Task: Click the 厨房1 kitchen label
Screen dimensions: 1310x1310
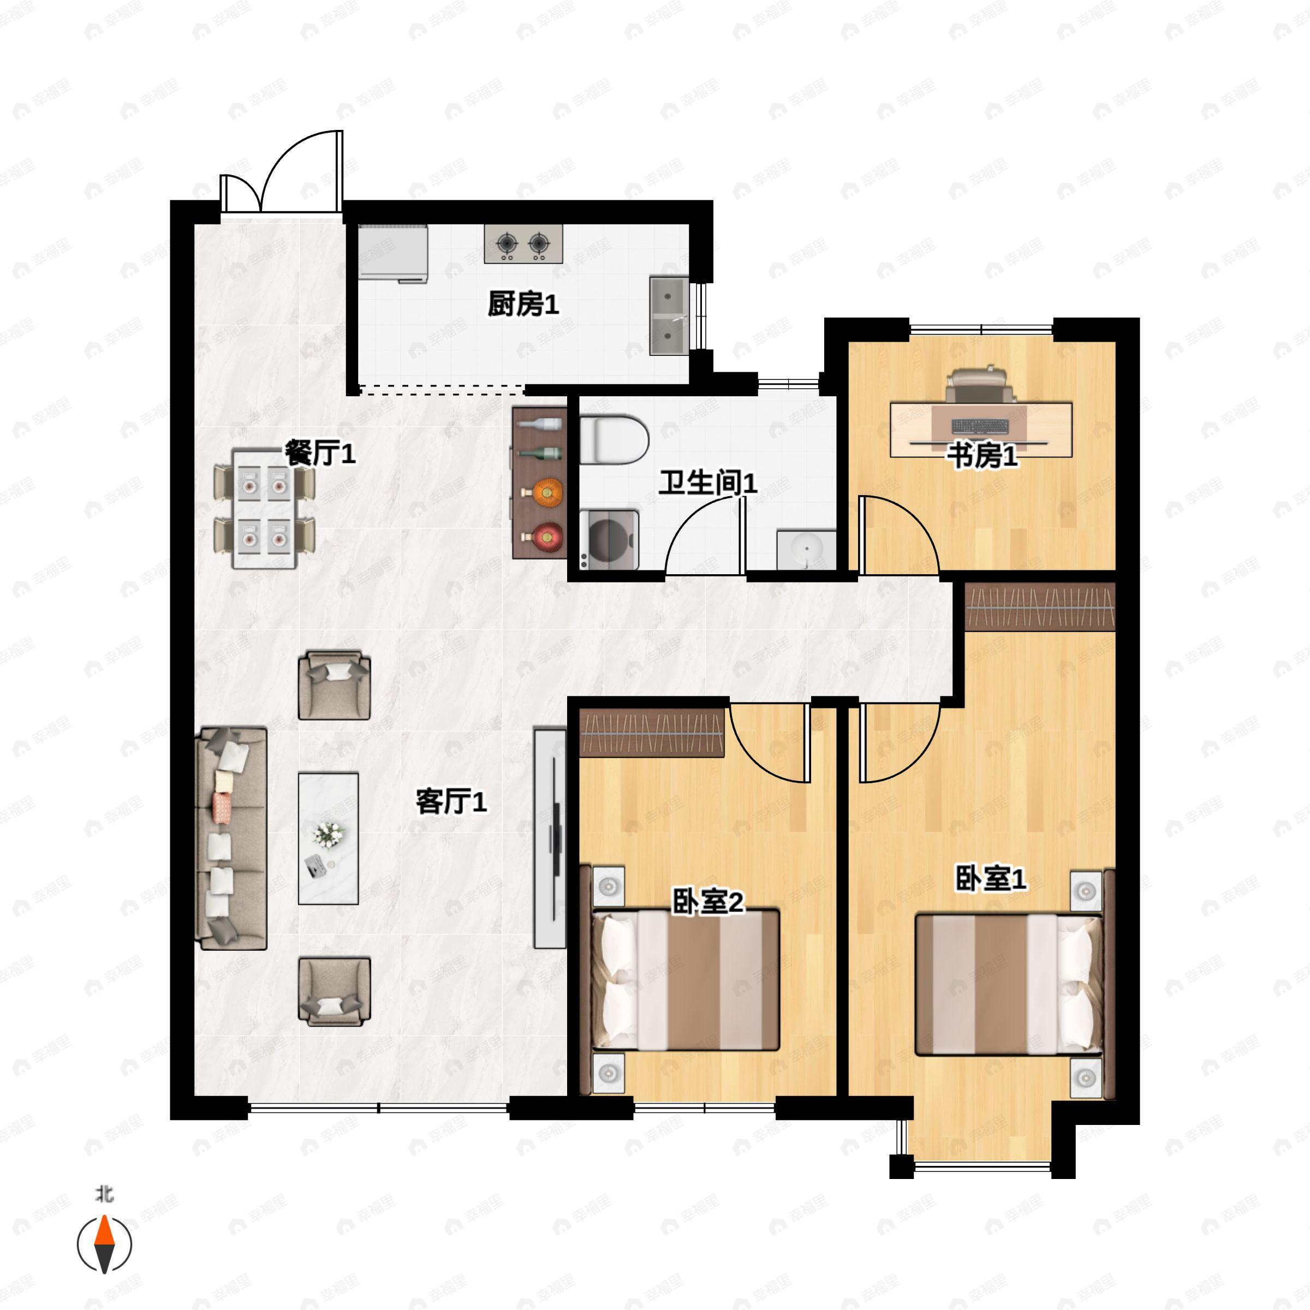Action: point(523,305)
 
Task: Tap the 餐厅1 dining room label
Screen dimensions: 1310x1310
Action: point(320,453)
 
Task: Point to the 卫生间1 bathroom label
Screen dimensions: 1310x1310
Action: point(708,483)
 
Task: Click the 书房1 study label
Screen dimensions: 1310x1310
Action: point(982,456)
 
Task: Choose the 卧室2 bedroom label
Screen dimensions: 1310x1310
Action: point(708,901)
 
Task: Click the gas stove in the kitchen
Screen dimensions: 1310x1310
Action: point(523,243)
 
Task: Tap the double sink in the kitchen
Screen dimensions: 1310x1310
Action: point(669,315)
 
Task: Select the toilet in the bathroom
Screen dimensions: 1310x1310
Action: point(614,440)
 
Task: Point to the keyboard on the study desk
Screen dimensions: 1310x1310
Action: point(980,426)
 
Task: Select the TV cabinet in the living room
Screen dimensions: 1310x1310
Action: point(550,838)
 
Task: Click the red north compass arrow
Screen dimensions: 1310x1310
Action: point(104,1232)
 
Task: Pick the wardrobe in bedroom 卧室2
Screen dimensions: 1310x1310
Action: point(652,733)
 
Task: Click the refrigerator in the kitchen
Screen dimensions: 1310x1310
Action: point(392,252)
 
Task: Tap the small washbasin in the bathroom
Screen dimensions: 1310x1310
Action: point(806,550)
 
